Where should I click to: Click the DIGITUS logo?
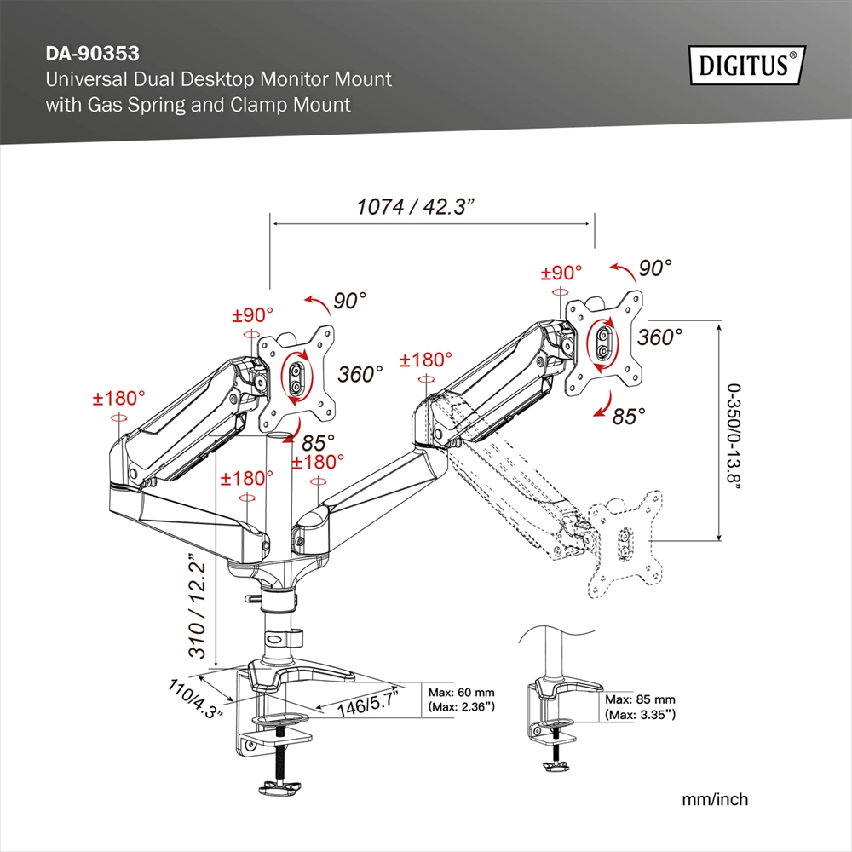pos(743,65)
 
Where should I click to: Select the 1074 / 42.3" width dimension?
pos(415,207)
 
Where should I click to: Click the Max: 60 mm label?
pos(461,693)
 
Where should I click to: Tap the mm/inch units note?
pos(715,799)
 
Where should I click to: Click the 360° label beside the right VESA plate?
pos(659,337)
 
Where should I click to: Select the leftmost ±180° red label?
pos(119,398)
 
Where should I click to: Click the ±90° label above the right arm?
pos(561,273)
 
